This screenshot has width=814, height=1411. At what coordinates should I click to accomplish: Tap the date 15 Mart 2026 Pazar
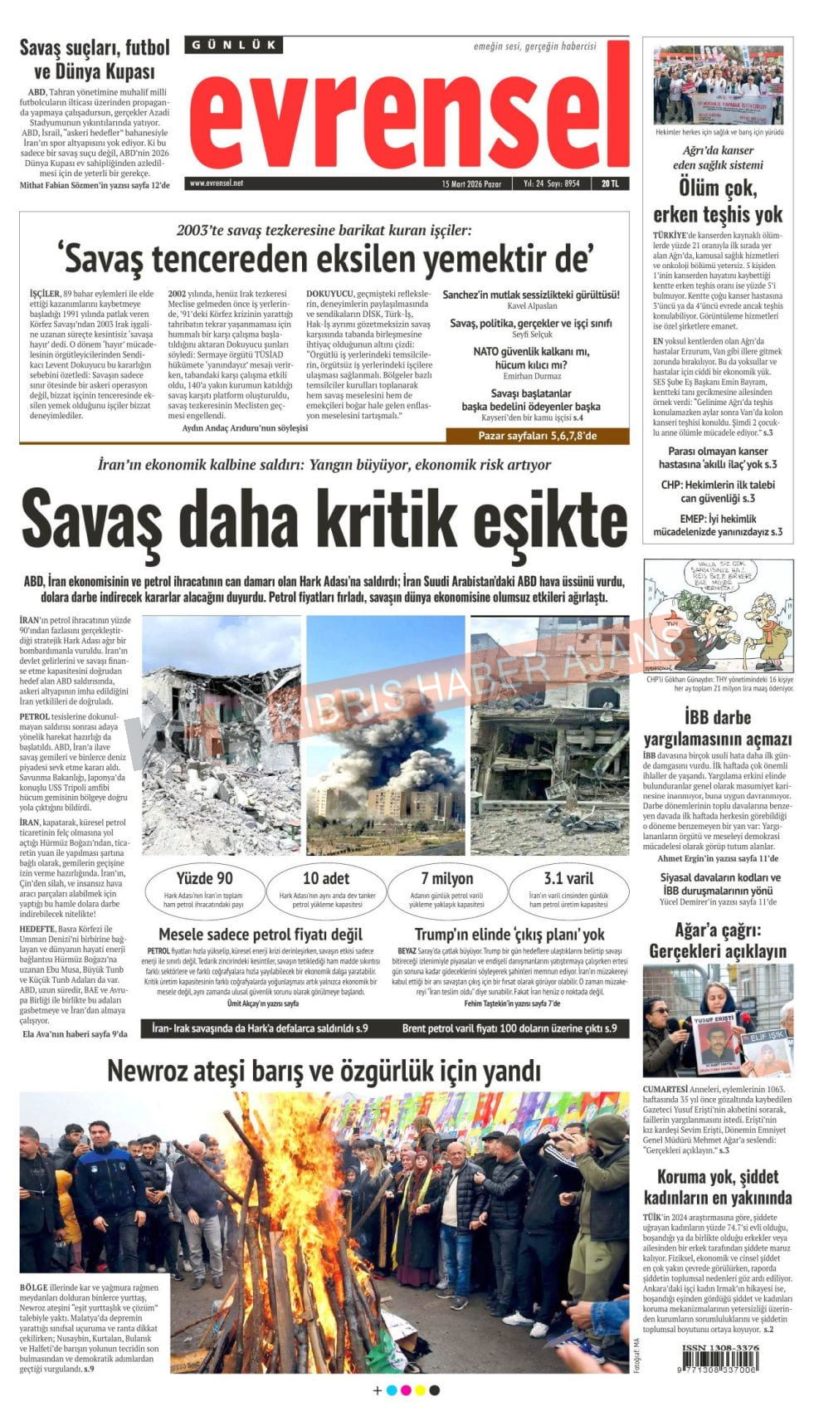[x=471, y=183]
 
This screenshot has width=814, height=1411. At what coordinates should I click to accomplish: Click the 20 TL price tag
[x=610, y=183]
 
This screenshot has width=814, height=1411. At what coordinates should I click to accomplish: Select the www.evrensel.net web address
[x=217, y=183]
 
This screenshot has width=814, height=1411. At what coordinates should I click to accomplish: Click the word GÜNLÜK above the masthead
[x=233, y=45]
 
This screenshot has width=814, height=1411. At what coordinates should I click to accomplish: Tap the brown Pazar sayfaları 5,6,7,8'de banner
[x=537, y=436]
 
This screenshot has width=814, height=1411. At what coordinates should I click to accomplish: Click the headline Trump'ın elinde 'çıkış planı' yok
[x=509, y=935]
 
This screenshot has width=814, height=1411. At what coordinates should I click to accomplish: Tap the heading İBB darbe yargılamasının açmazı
[x=718, y=728]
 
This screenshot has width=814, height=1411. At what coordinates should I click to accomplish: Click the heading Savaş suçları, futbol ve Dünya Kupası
[x=95, y=59]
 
